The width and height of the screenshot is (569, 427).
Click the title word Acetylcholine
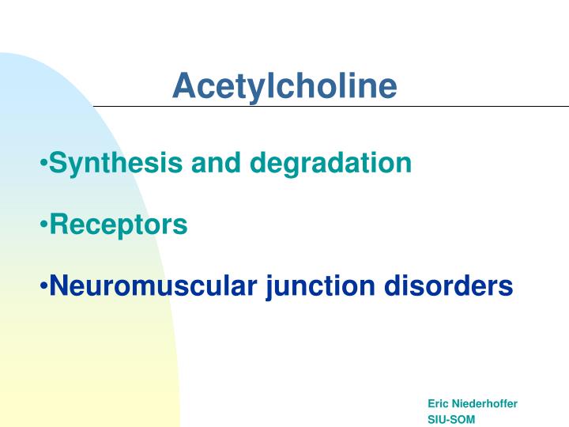tap(284, 86)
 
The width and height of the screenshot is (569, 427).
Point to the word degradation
tap(331, 164)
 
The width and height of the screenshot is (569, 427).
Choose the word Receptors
tap(119, 225)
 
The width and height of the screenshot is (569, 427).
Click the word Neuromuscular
tap(153, 285)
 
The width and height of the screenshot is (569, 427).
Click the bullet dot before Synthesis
tap(44, 164)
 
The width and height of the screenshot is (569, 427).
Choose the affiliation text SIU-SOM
tap(451, 419)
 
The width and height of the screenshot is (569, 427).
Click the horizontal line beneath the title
tap(332, 105)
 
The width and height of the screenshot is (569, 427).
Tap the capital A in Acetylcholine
tap(183, 86)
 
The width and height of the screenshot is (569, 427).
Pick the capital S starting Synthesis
tap(58, 164)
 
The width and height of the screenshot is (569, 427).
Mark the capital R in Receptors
tap(58, 225)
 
